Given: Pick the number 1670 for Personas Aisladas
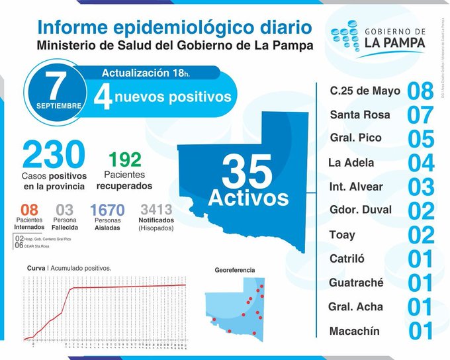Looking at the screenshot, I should (x=107, y=211).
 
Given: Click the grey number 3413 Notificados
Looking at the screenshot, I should (x=156, y=210).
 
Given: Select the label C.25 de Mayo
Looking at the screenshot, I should (x=365, y=91).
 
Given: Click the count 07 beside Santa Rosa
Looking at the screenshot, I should (x=420, y=115).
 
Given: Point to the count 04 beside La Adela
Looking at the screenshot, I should (x=420, y=163).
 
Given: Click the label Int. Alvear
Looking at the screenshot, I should (x=356, y=187).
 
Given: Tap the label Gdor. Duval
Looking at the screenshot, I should (x=360, y=210).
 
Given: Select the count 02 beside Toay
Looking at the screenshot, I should (x=420, y=235).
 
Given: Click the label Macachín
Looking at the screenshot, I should (x=355, y=331).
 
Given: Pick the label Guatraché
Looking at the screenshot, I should (x=356, y=283).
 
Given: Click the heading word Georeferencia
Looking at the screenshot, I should (x=234, y=270).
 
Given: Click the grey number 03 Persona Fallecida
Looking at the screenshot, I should (x=65, y=210).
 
